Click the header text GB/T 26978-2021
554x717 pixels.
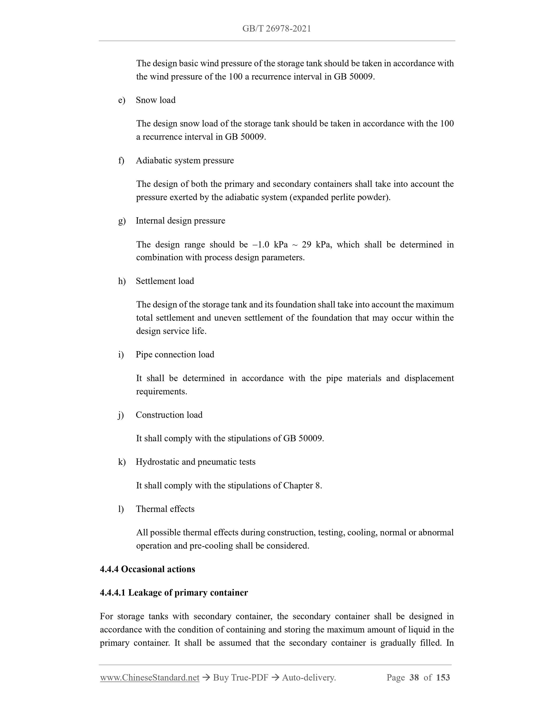276,29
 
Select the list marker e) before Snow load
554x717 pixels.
122,100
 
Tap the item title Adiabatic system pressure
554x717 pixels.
185,161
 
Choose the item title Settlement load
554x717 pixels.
165,281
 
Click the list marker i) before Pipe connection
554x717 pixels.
121,355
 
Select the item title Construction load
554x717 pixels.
169,415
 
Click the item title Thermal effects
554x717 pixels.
165,509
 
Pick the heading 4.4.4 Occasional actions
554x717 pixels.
147,569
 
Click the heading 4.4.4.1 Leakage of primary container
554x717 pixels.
174,593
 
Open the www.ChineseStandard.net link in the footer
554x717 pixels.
150,678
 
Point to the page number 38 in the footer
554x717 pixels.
414,678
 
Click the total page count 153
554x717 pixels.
443,678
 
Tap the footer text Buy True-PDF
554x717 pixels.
241,678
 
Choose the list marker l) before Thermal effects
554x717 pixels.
121,509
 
